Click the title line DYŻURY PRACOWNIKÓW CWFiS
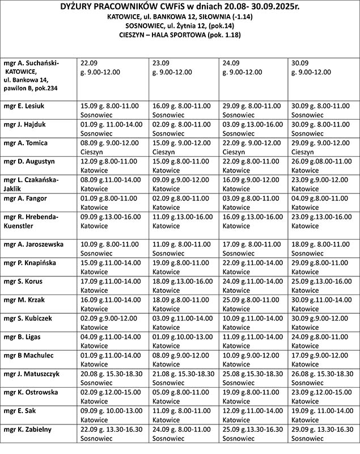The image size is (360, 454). pos(180,7)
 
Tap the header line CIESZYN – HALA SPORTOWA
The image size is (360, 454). pos(180,35)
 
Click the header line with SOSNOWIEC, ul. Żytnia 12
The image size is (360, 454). pos(180,26)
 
